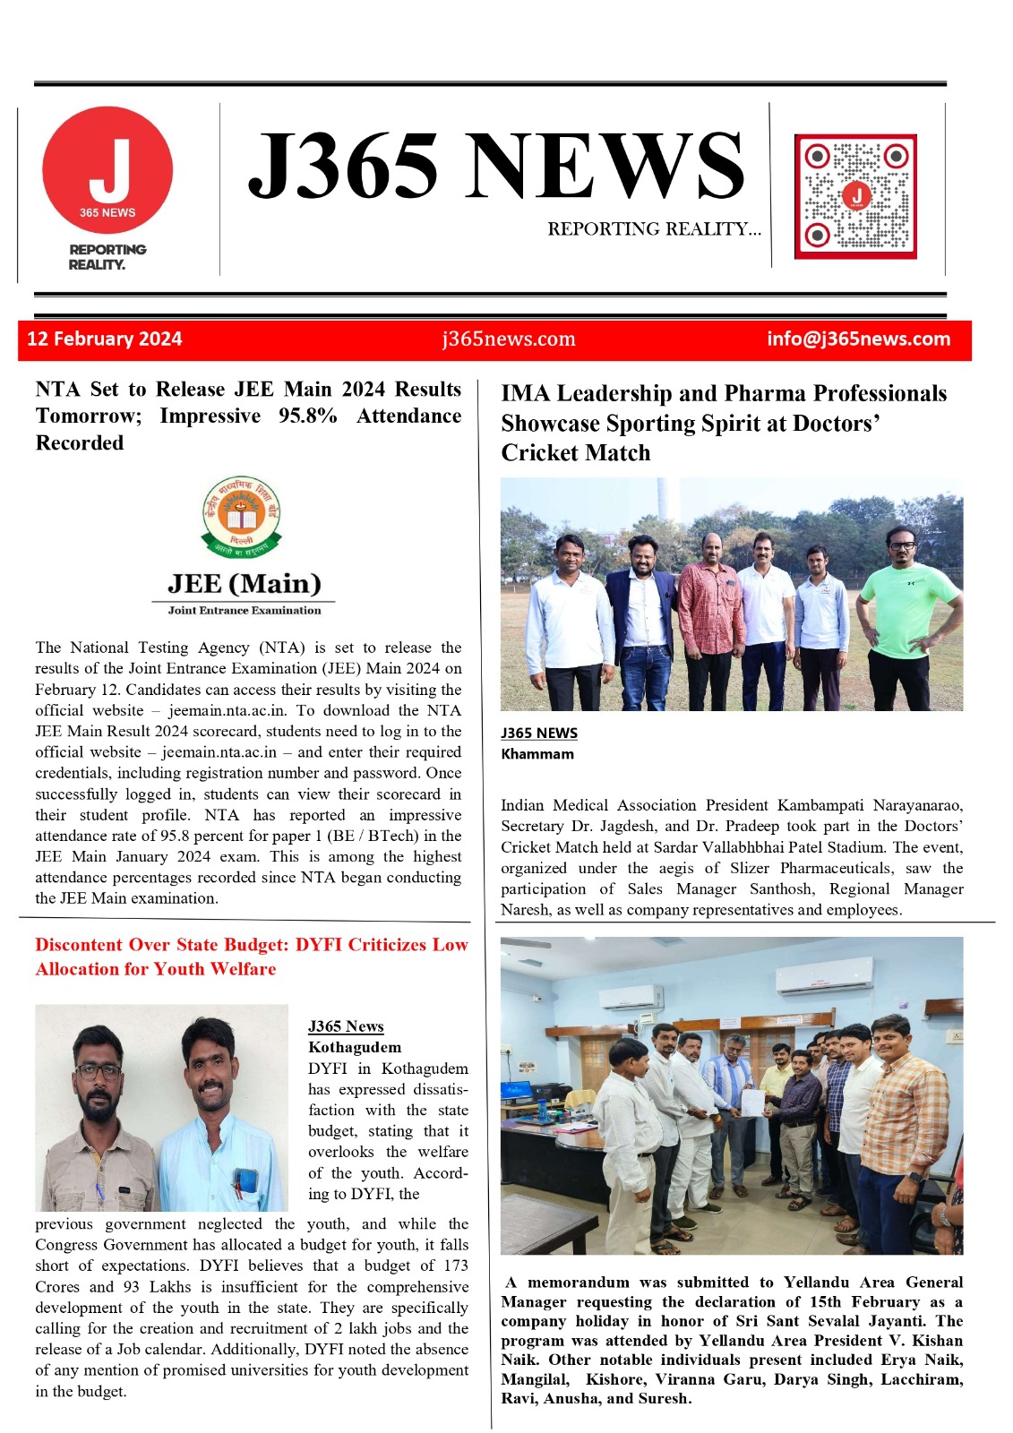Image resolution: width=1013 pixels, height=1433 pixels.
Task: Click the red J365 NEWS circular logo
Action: [x=107, y=170]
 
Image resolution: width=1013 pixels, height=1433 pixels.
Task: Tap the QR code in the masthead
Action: [x=855, y=196]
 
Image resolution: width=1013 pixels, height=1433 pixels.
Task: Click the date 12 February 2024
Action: [x=104, y=339]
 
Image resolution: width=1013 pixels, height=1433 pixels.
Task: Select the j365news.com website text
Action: [x=509, y=339]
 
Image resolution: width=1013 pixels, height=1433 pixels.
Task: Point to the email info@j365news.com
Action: [x=858, y=339]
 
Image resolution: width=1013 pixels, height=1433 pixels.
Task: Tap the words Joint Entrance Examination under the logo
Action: [x=244, y=610]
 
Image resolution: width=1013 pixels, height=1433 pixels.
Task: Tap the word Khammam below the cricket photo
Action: [x=537, y=754]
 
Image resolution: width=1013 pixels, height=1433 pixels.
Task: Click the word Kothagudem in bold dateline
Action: [x=355, y=1047]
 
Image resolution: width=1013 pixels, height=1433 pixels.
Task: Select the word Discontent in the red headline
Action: [x=79, y=944]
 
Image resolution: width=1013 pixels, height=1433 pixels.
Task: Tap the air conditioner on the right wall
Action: [x=824, y=975]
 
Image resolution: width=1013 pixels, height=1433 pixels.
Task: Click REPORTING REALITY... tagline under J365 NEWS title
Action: [x=654, y=229]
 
